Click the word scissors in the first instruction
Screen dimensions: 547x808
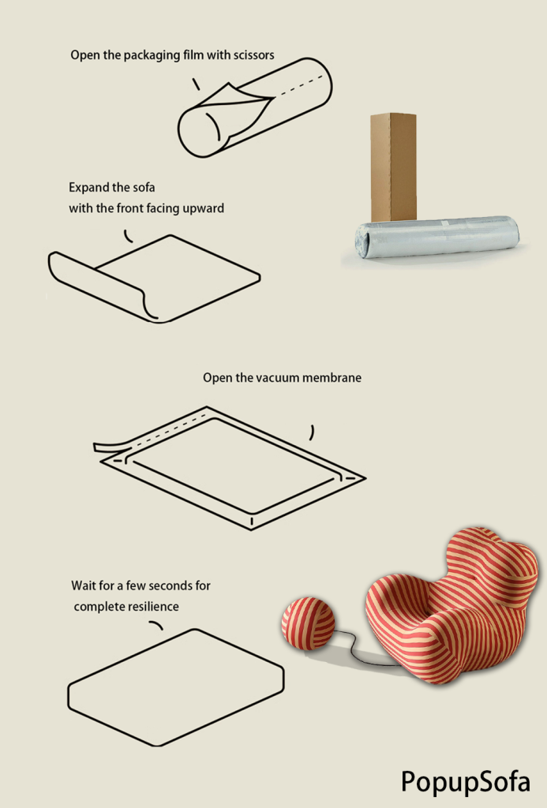point(253,55)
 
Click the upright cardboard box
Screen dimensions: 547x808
point(393,166)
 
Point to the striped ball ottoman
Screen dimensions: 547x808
point(308,623)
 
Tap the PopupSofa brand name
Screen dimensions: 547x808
point(466,782)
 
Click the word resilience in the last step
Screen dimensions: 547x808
point(153,607)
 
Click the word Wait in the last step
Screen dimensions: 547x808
point(83,586)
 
